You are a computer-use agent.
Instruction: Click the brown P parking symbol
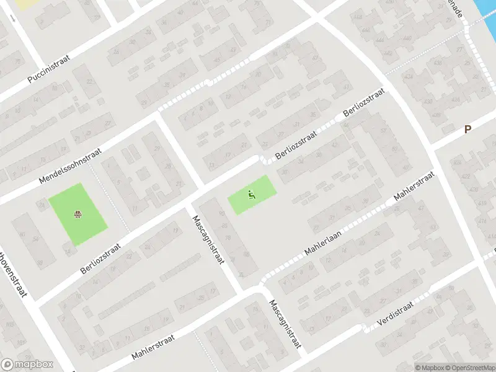[468, 129]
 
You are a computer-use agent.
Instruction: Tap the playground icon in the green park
[251, 194]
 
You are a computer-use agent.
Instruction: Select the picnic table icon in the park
[78, 215]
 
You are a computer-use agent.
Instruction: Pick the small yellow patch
[25, 4]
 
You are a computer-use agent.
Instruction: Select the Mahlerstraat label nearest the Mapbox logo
[154, 347]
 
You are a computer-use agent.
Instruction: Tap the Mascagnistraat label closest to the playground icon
[208, 239]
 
